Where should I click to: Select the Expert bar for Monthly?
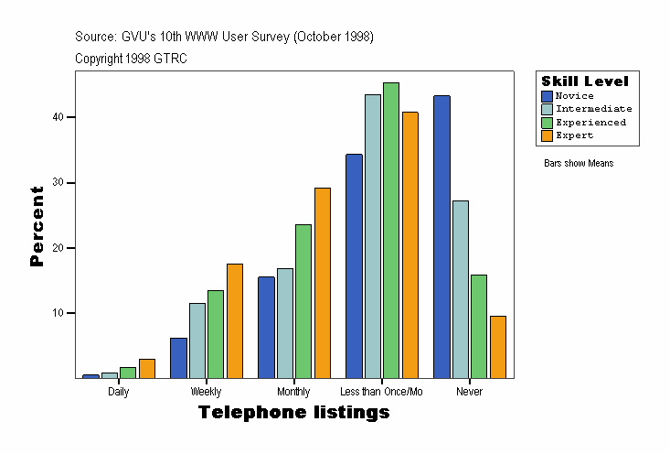[323, 283]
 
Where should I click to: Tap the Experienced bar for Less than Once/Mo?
[391, 230]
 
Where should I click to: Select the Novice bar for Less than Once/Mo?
[354, 265]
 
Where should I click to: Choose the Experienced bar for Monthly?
[303, 301]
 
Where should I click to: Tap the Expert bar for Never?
[498, 347]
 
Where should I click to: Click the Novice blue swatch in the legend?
[548, 95]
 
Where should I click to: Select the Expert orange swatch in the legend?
[548, 135]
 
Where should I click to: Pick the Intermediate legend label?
[593, 109]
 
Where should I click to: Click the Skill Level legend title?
[585, 81]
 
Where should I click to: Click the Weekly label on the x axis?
[206, 392]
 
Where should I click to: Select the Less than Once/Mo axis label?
[388, 392]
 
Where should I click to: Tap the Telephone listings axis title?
[294, 413]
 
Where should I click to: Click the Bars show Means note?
[579, 164]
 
